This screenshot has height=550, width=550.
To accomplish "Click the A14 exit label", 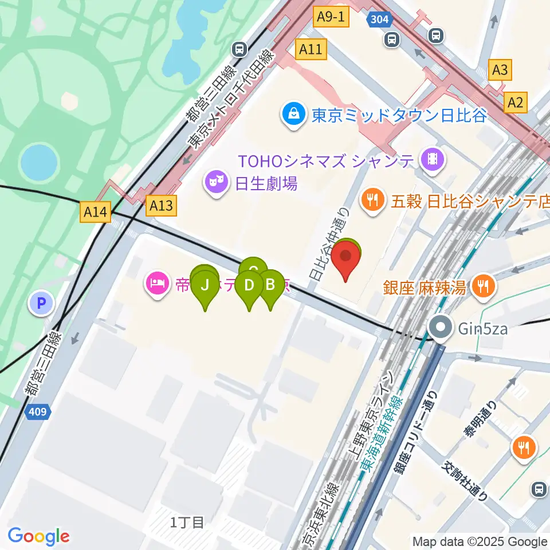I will pyautogui.click(x=95, y=213).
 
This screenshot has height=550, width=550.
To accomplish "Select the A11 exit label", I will pyautogui.click(x=311, y=50).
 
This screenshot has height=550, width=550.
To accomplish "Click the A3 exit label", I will pyautogui.click(x=500, y=70).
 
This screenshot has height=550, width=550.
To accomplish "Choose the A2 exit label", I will pyautogui.click(x=516, y=103).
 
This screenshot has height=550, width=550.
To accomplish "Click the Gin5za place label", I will pyautogui.click(x=474, y=329).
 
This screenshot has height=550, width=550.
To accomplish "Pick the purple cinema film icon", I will pyautogui.click(x=431, y=159).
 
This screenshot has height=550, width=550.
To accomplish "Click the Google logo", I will pyautogui.click(x=38, y=536).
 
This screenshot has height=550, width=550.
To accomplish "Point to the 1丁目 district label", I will pyautogui.click(x=187, y=521).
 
